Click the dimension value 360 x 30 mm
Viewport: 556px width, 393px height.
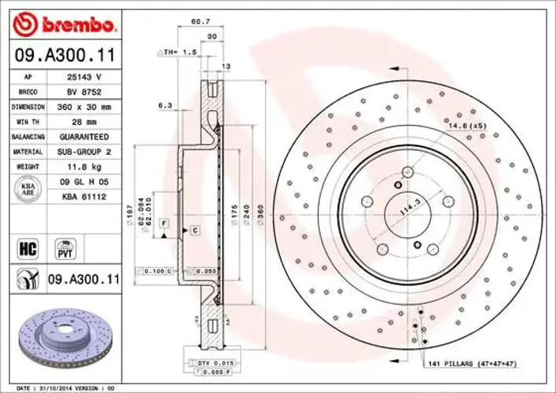pos(83,107)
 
